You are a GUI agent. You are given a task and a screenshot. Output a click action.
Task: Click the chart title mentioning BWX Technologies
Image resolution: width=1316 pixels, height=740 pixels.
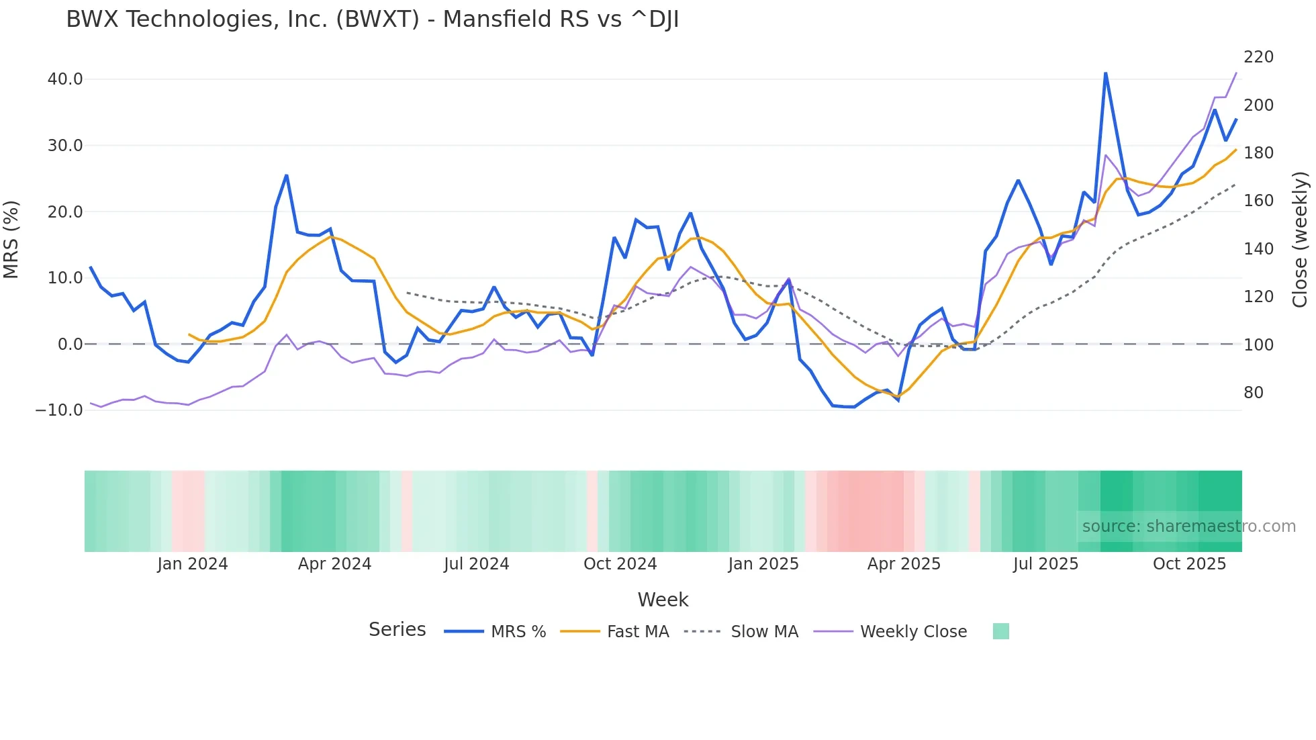tap(372, 19)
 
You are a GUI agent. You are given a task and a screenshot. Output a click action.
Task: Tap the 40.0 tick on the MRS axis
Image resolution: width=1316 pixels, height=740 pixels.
tap(65, 79)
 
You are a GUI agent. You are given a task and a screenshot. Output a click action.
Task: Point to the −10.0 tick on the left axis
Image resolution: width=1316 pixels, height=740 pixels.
tap(59, 410)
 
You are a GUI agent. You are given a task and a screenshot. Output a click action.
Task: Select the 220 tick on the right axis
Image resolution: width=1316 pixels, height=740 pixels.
tap(1258, 57)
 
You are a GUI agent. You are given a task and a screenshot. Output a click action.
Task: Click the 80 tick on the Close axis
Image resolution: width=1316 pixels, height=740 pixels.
tap(1253, 393)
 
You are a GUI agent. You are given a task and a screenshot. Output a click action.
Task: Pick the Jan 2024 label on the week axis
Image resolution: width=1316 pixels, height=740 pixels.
tap(193, 564)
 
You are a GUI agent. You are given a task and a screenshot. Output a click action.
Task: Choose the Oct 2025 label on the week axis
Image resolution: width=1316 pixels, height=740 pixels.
tap(1189, 564)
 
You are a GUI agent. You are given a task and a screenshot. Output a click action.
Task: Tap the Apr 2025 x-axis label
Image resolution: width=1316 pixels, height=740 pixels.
tap(904, 564)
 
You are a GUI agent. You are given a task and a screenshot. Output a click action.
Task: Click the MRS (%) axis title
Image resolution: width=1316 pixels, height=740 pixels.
tap(11, 240)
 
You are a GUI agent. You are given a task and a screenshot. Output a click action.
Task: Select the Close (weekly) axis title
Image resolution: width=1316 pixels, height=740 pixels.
tap(1301, 240)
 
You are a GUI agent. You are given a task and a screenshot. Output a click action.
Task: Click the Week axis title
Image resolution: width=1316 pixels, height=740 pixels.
tap(663, 600)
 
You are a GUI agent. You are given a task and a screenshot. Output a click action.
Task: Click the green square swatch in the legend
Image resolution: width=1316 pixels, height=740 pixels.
tap(1000, 632)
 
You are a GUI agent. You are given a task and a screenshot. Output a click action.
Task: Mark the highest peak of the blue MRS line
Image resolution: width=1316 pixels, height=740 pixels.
tap(1105, 73)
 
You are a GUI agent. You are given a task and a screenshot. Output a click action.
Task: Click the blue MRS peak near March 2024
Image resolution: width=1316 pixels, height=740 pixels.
tap(287, 176)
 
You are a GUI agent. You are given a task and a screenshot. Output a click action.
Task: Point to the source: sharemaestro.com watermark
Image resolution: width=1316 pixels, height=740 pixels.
tap(1188, 526)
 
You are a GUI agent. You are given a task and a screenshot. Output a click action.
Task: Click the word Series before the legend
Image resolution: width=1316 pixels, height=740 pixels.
tap(397, 630)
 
